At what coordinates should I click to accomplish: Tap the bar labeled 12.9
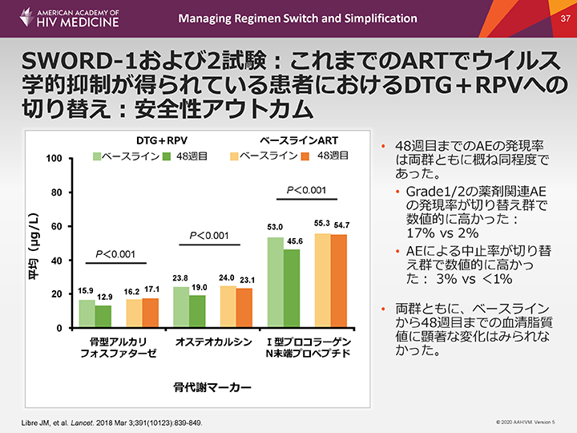(103, 317)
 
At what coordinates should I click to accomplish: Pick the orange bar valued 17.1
(150, 313)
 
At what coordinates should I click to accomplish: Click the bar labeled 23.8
(181, 307)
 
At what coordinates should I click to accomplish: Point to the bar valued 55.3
(322, 281)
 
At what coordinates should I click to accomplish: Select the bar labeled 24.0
(228, 307)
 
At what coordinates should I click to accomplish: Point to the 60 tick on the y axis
(57, 227)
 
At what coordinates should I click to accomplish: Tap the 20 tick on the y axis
(57, 295)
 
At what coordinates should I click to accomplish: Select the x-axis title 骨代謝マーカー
(212, 387)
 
